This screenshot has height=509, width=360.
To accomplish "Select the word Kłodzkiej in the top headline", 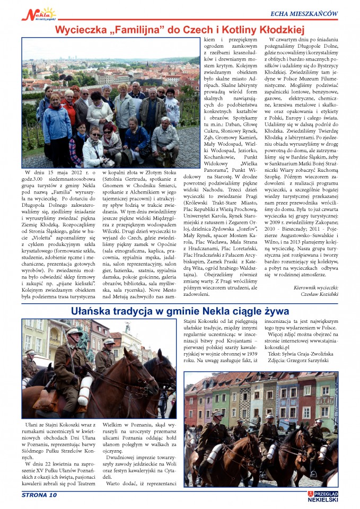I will pyautogui.click(x=277, y=29).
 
